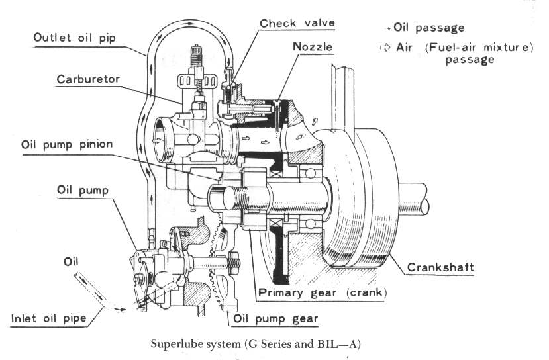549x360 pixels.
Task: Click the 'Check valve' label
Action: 297,24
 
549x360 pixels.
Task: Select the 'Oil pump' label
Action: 84,190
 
